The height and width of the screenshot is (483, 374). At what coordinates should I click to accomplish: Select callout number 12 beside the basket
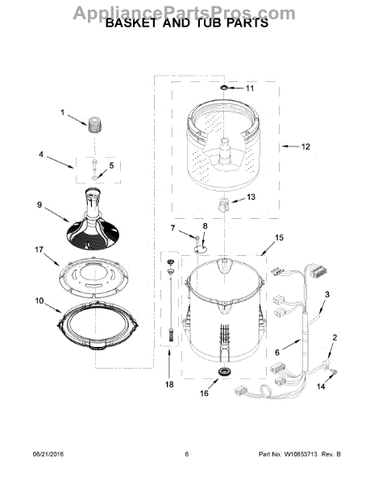pyautogui.click(x=305, y=147)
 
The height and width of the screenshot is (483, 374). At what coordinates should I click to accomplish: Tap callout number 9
pyautogui.click(x=39, y=204)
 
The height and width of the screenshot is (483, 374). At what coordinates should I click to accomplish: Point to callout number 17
pyautogui.click(x=38, y=251)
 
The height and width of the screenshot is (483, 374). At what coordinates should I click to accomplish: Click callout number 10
pyautogui.click(x=38, y=301)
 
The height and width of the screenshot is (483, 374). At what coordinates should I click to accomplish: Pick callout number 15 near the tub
pyautogui.click(x=279, y=237)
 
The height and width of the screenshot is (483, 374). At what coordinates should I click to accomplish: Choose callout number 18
pyautogui.click(x=169, y=385)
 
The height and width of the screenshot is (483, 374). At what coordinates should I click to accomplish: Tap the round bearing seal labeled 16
pyautogui.click(x=223, y=371)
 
